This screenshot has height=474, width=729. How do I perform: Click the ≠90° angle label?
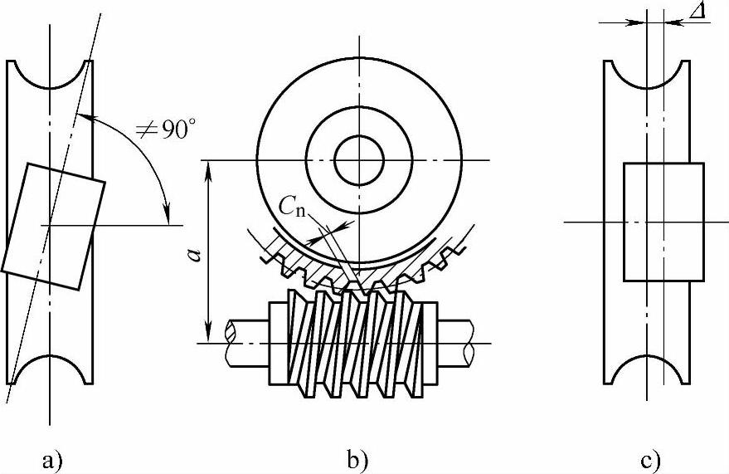pos(166,129)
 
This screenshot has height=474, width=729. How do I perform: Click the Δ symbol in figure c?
pos(697,10)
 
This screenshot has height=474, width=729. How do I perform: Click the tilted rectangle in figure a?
pos(53,227)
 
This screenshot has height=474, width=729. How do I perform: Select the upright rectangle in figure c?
pos(663,222)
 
